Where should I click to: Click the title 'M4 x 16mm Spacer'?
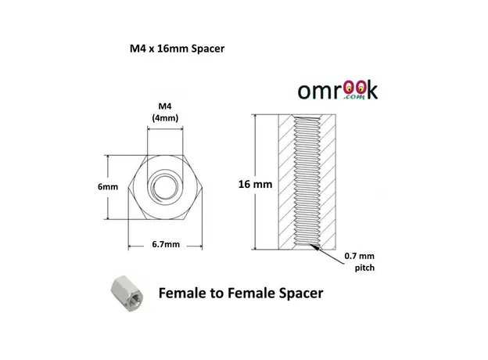(x=177, y=49)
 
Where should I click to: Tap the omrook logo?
(x=338, y=91)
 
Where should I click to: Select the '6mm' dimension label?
(x=108, y=187)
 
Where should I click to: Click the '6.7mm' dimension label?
(x=166, y=244)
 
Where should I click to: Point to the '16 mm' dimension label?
(x=255, y=184)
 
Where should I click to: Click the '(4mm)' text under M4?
(x=165, y=118)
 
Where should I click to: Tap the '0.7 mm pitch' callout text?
(x=361, y=262)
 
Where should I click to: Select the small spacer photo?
(x=127, y=293)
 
